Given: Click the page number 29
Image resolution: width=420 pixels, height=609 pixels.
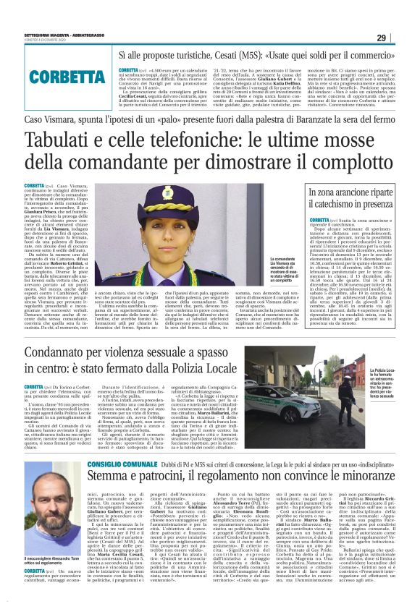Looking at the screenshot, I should pos(402,38).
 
